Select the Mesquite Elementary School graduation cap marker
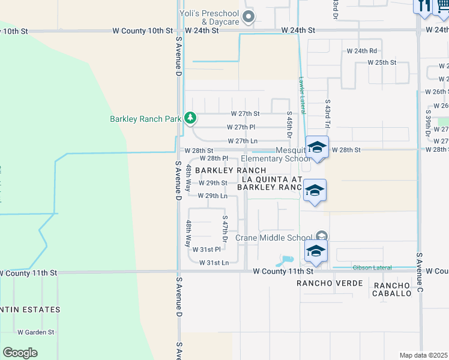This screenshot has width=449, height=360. [316, 147]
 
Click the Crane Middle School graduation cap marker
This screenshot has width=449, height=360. [315, 251]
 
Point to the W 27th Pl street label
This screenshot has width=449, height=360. [241, 127]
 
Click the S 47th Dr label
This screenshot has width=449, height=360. [225, 229]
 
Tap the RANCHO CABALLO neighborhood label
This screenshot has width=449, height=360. [392, 289]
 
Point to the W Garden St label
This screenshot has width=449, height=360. [36, 332]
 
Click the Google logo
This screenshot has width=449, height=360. [20, 352]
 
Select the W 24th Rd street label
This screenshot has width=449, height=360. [362, 51]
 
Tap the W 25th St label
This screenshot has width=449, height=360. [382, 62]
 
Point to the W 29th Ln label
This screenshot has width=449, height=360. [212, 196]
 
